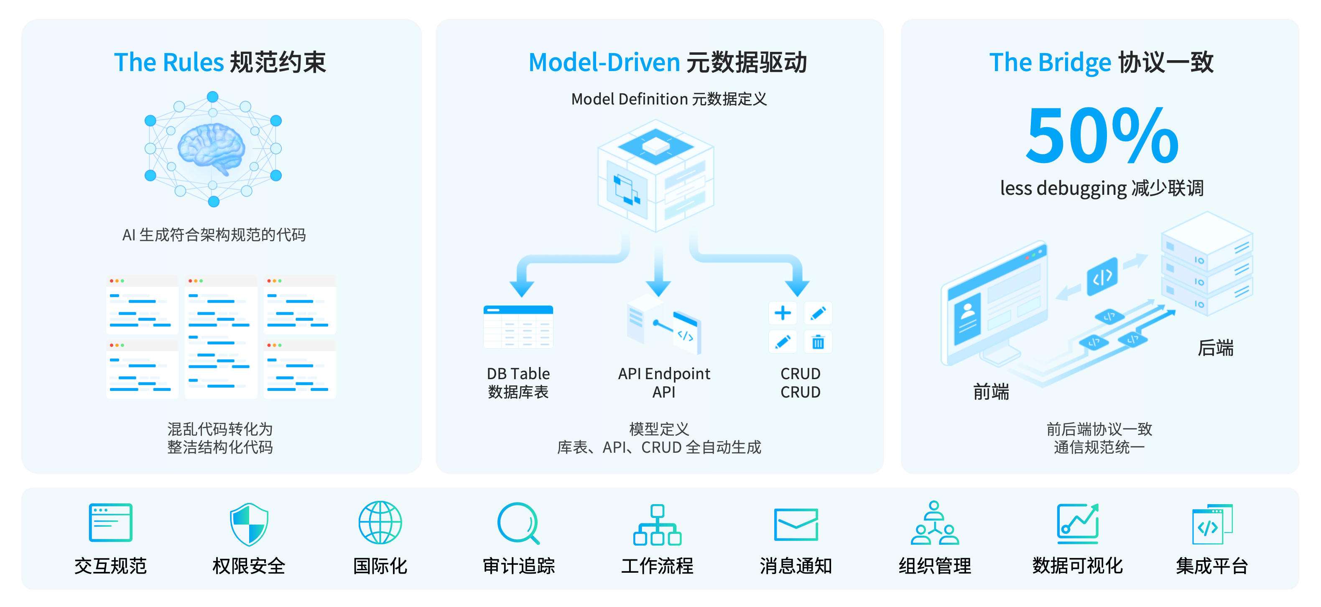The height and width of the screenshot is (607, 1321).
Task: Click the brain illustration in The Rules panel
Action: click(x=211, y=148)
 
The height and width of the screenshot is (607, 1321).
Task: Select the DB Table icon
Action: click(x=518, y=326)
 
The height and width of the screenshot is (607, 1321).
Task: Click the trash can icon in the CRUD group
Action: click(x=818, y=342)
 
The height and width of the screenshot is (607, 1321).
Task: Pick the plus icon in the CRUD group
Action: click(x=783, y=313)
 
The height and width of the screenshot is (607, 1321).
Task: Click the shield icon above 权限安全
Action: click(x=249, y=524)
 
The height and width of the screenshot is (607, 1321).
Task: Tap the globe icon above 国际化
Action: click(x=380, y=523)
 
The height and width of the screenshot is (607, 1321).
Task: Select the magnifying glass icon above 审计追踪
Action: click(x=518, y=523)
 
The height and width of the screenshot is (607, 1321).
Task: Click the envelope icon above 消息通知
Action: click(x=796, y=524)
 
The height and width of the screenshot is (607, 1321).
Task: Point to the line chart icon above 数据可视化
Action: click(x=1077, y=523)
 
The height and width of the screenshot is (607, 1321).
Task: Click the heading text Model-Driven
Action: click(x=604, y=63)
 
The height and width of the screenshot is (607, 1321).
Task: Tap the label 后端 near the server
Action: click(x=1215, y=348)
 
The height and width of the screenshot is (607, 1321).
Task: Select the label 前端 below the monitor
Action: click(x=991, y=392)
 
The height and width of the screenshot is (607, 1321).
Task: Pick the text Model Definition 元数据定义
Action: click(x=669, y=99)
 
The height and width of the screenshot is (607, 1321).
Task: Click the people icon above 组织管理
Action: click(x=934, y=523)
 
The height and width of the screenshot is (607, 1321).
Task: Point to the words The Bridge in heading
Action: click(x=1050, y=63)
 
